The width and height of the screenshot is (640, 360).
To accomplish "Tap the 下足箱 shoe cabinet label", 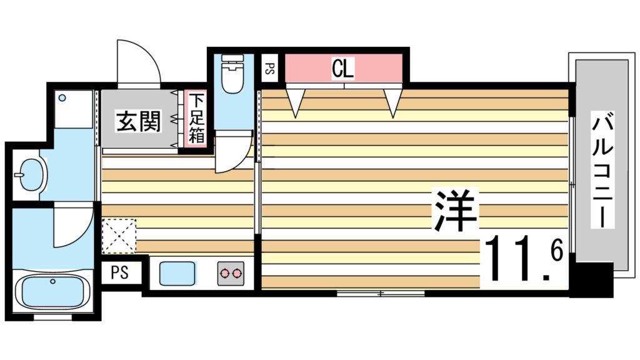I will (196, 118).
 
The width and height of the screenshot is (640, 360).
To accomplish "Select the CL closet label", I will (342, 68).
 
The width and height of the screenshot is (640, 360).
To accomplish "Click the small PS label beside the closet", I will (270, 68).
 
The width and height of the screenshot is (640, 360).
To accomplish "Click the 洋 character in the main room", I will (456, 211).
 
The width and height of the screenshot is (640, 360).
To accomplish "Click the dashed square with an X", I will (119, 236).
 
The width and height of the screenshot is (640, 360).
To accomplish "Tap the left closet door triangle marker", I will (296, 102).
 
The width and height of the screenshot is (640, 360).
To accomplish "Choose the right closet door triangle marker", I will (392, 102).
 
